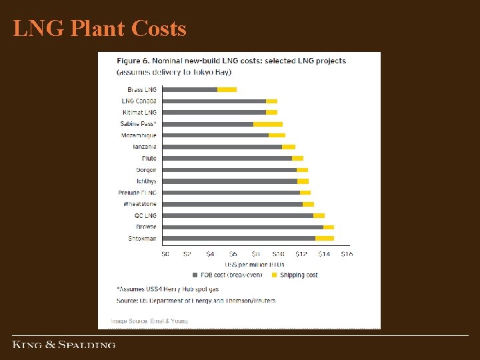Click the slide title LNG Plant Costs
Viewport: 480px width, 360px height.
pos(99,29)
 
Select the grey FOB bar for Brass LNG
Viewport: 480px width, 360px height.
pos(190,89)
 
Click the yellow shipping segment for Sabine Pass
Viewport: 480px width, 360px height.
pos(267,124)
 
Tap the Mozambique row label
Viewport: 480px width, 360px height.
pos(139,135)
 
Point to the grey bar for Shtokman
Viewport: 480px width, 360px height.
pos(239,238)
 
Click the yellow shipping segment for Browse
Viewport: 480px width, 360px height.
pos(328,227)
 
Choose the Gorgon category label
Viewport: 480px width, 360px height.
pos(146,170)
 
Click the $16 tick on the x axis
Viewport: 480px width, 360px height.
pos(347,254)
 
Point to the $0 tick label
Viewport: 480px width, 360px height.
pos(165,254)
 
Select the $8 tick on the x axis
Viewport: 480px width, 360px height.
pos(256,254)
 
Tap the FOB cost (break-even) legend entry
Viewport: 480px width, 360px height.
pos(227,275)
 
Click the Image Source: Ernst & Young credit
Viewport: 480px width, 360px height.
pos(149,321)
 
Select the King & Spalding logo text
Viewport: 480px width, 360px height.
pos(64,345)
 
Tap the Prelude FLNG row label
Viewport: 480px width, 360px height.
pos(137,193)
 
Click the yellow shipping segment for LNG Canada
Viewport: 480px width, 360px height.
pos(271,101)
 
